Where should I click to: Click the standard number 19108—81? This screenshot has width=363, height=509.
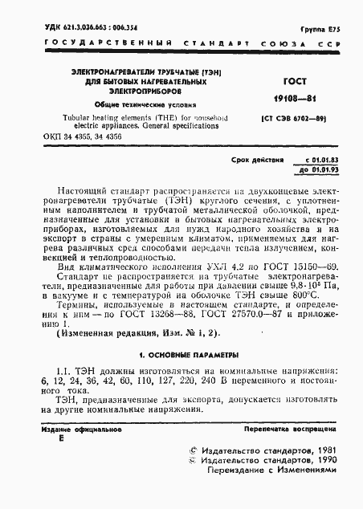(290, 100)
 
